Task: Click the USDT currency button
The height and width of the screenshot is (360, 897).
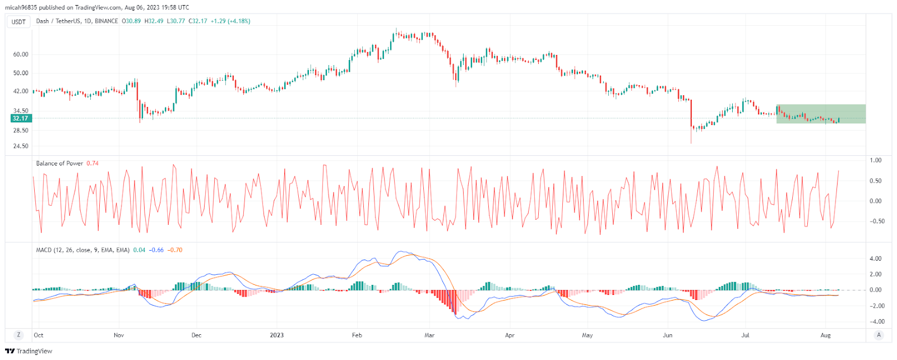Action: [19, 22]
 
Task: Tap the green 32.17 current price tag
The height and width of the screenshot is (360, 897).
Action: [21, 118]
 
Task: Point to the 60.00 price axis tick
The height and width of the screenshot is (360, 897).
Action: [21, 54]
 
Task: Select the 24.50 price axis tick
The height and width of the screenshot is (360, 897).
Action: [21, 146]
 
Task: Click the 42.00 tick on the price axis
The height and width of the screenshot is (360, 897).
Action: [21, 91]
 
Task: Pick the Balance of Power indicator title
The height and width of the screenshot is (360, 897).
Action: [59, 163]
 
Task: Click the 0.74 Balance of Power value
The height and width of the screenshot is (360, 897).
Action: [93, 163]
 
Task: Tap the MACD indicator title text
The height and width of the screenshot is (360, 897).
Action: [82, 250]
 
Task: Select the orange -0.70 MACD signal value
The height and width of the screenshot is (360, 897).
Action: [175, 250]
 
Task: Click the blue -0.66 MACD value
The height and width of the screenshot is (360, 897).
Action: [156, 250]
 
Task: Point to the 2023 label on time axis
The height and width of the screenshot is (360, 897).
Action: [276, 335]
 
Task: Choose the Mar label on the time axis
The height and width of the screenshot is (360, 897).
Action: [429, 335]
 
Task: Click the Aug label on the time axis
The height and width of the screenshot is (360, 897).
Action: [825, 335]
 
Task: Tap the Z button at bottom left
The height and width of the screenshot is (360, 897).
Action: [19, 335]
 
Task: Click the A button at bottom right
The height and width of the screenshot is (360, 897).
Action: [878, 335]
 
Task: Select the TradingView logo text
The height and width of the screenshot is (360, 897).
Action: [29, 351]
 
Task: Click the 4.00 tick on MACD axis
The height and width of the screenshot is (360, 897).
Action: [875, 259]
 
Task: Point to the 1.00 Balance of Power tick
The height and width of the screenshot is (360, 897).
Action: [875, 160]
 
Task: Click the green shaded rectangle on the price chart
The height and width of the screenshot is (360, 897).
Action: [821, 114]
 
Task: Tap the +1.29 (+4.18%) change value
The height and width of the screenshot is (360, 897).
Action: [230, 21]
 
